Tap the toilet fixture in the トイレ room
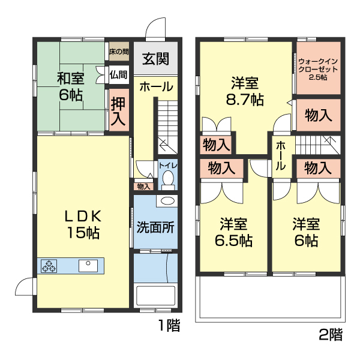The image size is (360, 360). click(168, 179)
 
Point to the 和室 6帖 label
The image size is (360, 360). click(71, 86)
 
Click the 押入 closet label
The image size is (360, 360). click(118, 112)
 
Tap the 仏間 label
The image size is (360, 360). click(118, 75)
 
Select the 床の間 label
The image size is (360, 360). click(118, 52)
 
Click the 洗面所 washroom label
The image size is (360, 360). click(155, 228)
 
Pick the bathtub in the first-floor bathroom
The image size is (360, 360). click(156, 296)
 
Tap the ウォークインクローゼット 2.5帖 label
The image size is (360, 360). click(317, 68)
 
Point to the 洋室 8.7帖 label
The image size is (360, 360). click(245, 91)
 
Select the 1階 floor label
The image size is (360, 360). click(169, 326)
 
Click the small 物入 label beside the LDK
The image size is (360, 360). click(143, 186)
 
